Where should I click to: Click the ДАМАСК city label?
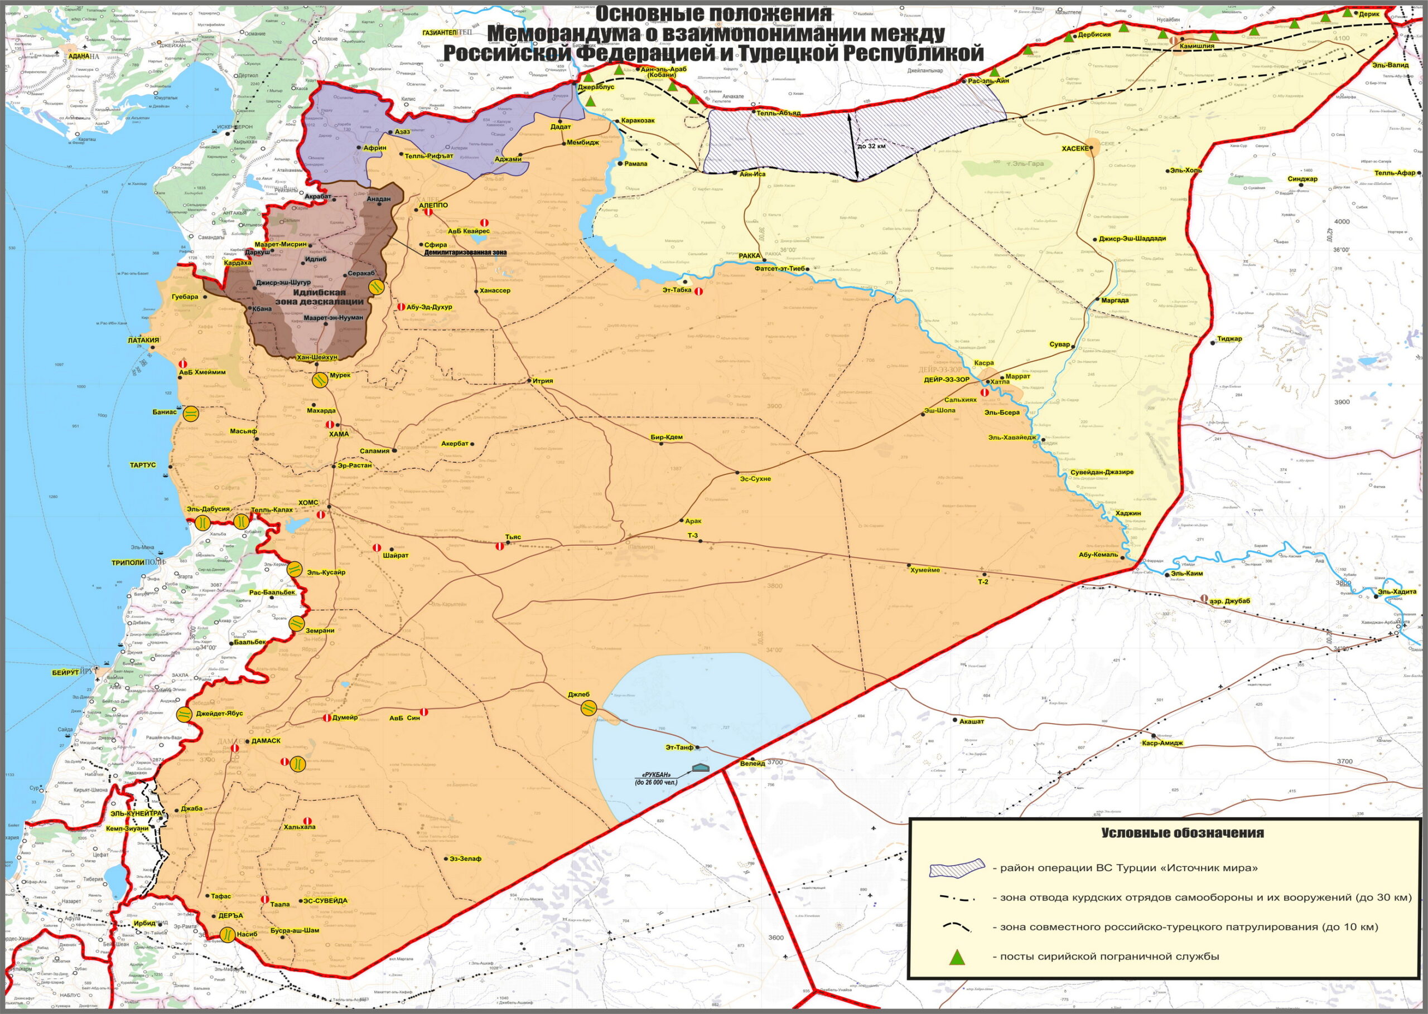[266, 741]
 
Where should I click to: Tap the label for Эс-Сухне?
[755, 479]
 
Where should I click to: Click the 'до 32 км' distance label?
[872, 146]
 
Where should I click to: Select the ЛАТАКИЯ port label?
[143, 340]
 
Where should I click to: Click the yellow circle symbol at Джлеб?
[588, 707]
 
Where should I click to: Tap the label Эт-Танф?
[679, 747]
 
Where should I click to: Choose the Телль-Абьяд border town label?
[778, 114]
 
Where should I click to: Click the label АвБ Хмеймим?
[202, 372]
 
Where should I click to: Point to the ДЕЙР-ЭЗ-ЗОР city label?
[947, 379]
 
